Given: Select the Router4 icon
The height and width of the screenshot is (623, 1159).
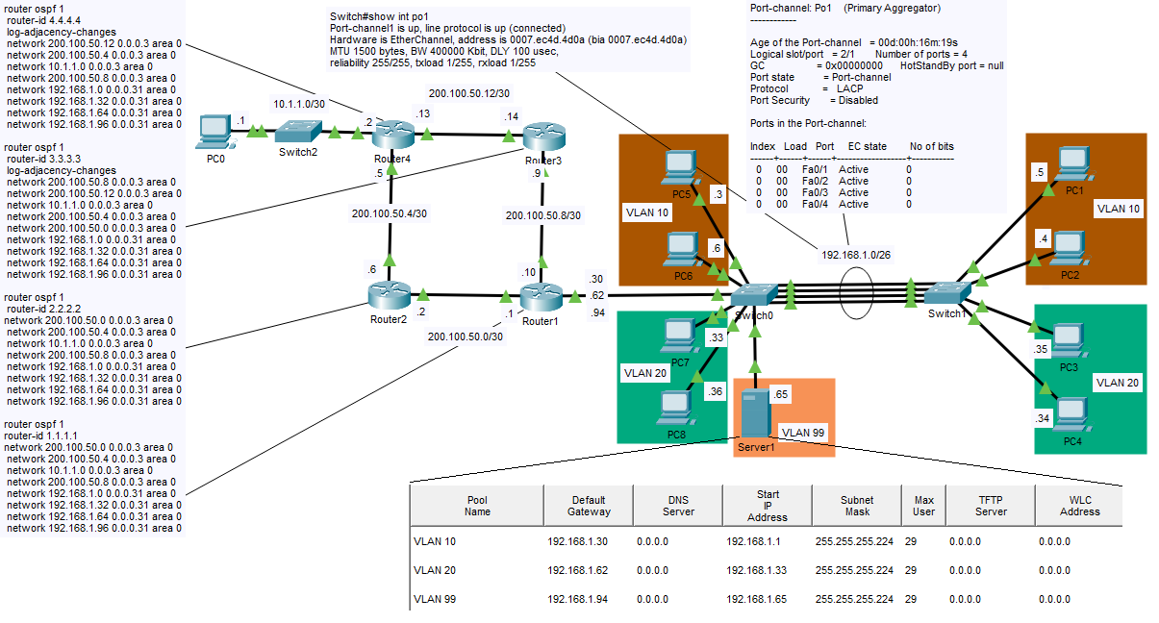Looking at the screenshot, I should click(x=392, y=135).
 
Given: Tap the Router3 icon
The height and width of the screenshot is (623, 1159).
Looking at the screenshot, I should click(x=543, y=136).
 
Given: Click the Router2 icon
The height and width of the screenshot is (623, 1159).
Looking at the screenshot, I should click(x=389, y=295).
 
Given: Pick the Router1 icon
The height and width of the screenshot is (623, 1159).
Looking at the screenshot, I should click(x=542, y=296).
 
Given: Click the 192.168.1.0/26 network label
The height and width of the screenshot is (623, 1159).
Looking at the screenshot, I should click(x=856, y=257).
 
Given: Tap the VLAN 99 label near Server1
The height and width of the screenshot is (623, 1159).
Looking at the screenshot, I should click(x=803, y=433).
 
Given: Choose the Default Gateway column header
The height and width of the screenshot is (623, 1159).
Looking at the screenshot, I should click(x=588, y=506).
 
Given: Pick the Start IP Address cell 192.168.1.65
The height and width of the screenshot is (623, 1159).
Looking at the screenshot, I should click(x=755, y=599).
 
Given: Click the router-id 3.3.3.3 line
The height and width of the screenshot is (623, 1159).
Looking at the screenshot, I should click(x=44, y=159).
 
